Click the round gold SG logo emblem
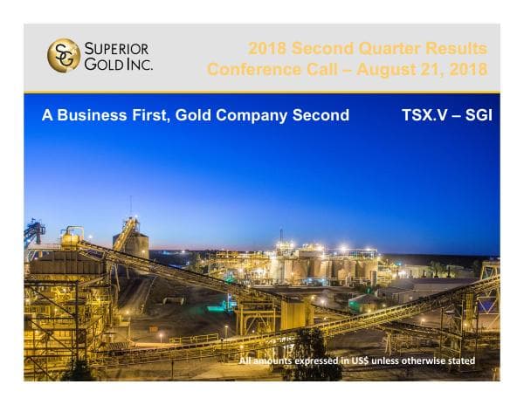pyautogui.click(x=63, y=55)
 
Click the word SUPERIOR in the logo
pyautogui.click(x=117, y=48)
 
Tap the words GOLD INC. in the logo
pyautogui.click(x=117, y=64)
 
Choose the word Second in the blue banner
pyautogui.click(x=320, y=115)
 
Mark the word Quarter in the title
pyautogui.click(x=377, y=48)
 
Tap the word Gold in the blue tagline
pyautogui.click(x=193, y=115)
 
